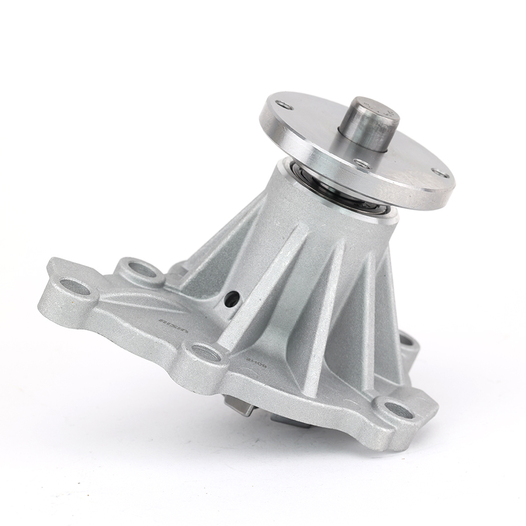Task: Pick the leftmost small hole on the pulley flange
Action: point(286,106)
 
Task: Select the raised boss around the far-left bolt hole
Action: point(64,298)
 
